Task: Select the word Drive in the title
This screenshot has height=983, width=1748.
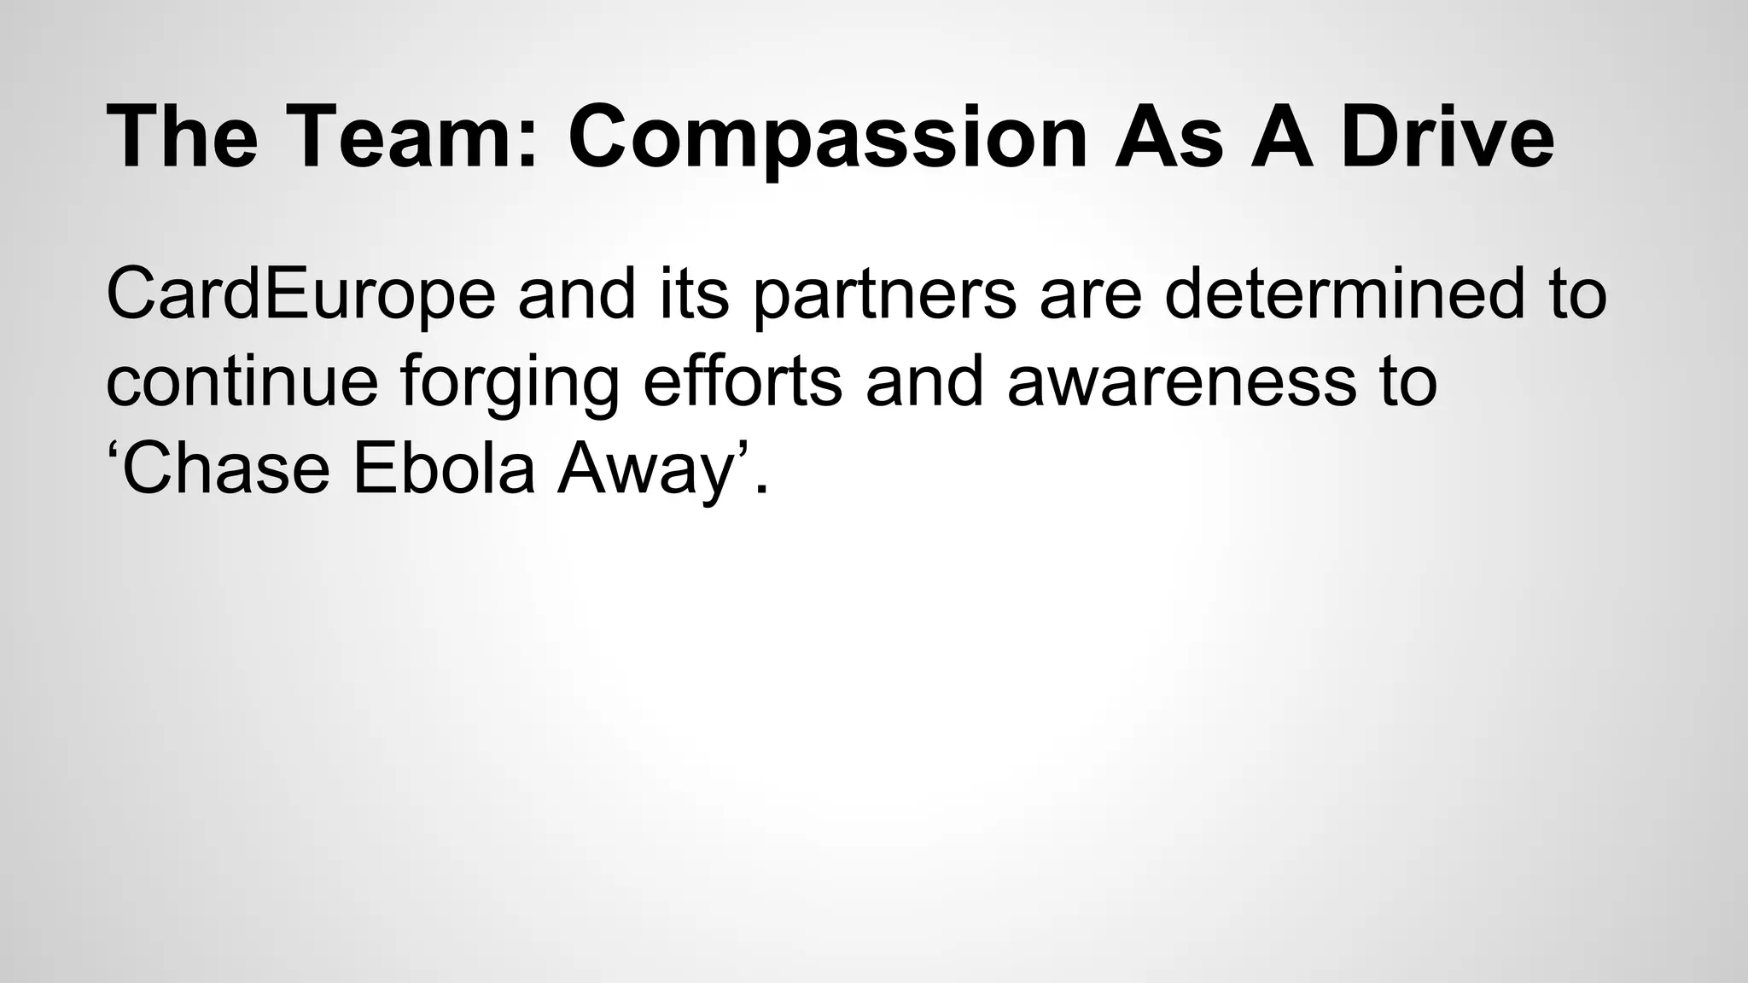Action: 1447,137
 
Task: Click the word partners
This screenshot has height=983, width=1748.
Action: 884,295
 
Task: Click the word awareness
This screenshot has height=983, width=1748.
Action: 1181,381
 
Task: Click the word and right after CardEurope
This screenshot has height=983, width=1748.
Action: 577,294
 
